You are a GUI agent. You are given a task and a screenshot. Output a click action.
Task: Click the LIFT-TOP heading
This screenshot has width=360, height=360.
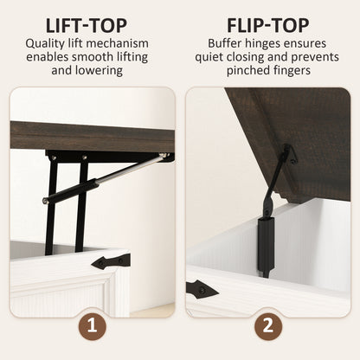pos(87,25)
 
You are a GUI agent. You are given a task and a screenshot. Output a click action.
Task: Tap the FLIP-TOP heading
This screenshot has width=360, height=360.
pos(267,25)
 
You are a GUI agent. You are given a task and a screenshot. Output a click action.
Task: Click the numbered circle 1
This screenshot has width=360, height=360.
pos(92,326)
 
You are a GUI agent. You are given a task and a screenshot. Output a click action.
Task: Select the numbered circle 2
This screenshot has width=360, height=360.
pos(268,326)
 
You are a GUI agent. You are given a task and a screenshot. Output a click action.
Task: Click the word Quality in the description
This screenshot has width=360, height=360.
pos(45,44)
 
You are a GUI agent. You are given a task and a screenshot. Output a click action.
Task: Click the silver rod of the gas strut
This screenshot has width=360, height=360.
pos(129,169)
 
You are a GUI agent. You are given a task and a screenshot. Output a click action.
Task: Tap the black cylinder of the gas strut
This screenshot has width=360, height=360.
pos(71,190)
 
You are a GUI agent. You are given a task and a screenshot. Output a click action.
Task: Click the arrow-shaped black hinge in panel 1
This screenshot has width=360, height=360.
pos(111,262)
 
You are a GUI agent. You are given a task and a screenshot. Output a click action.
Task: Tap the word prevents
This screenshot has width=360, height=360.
pos(315,57)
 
